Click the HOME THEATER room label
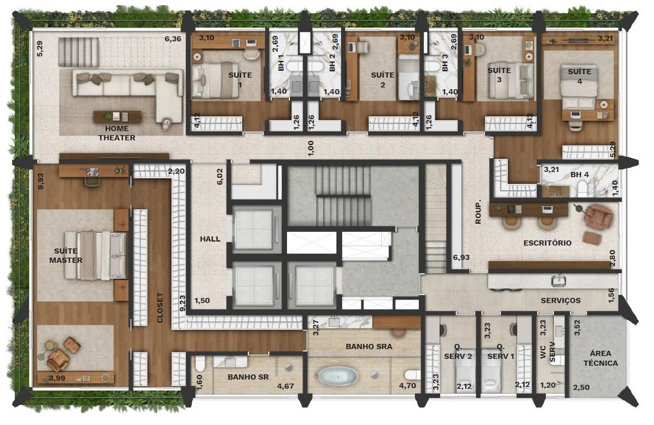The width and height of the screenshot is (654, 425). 117,133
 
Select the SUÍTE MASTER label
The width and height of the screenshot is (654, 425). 66,256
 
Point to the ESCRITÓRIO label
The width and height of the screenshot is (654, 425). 547,243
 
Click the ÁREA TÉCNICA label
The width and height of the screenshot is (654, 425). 601,358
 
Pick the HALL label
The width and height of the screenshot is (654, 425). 210,239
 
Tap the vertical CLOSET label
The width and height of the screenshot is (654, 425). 160,307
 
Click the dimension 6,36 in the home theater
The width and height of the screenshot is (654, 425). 173,39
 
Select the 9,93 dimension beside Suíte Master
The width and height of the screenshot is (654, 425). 40,182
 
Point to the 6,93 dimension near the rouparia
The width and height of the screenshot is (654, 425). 461,257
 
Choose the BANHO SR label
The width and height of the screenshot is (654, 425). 248,377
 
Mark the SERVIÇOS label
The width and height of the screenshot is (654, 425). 561,300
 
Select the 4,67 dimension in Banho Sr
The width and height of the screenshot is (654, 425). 286,386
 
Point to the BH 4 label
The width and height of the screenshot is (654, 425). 580,174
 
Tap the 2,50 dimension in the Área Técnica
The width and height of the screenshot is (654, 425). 581,388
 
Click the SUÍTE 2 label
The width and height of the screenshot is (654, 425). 383,80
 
